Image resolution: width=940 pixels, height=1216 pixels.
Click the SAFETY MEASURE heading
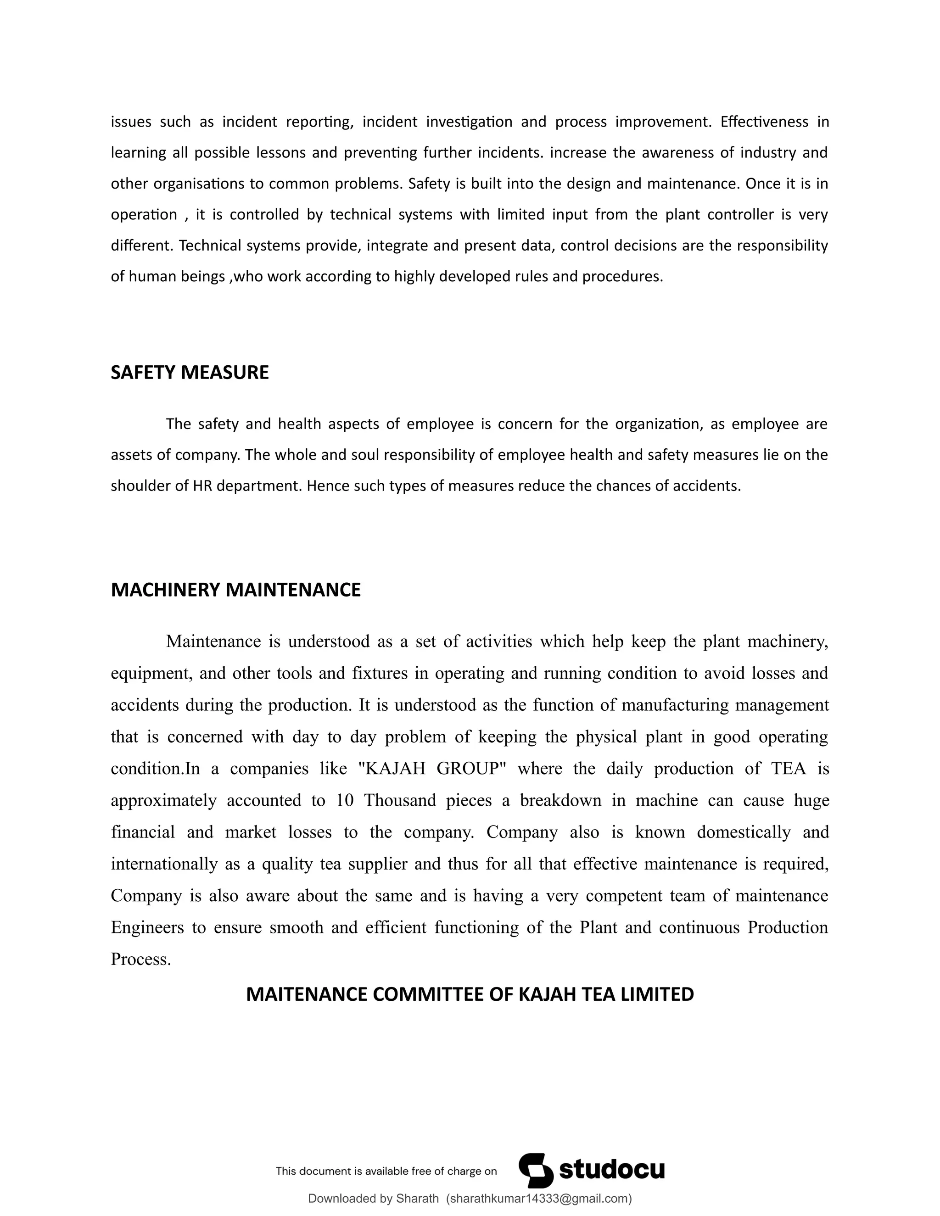(x=190, y=373)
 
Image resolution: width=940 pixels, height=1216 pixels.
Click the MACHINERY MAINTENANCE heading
(x=235, y=590)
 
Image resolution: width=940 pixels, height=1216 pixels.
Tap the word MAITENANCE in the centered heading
(x=306, y=994)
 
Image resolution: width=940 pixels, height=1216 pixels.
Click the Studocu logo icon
(x=535, y=1171)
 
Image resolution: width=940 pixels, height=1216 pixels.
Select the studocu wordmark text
(x=611, y=1170)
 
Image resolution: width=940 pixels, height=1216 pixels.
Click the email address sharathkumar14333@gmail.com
(x=538, y=1199)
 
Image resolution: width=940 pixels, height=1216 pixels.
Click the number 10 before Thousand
(x=345, y=801)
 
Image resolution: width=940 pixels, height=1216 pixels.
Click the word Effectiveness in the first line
(x=764, y=122)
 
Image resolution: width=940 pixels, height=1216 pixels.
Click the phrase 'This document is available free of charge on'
(x=386, y=1171)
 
